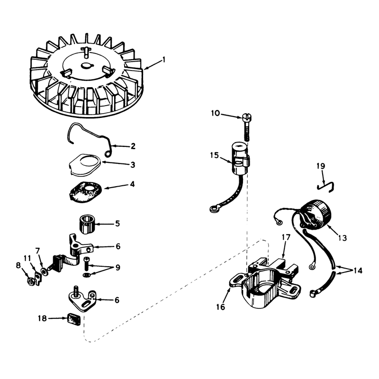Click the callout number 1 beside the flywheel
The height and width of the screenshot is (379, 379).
click(164, 60)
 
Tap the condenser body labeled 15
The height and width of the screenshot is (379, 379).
click(240, 158)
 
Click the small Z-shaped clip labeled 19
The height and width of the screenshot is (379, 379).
click(325, 187)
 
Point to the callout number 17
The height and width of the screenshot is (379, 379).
click(286, 238)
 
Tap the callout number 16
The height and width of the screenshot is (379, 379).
click(220, 307)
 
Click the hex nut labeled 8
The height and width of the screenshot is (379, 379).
click(30, 282)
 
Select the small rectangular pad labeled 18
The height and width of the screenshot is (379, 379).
click(74, 319)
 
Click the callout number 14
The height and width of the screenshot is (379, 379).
click(358, 271)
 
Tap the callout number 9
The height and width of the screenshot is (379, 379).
click(117, 268)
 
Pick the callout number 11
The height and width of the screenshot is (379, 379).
click(27, 258)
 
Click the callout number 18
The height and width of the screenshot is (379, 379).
click(42, 318)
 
